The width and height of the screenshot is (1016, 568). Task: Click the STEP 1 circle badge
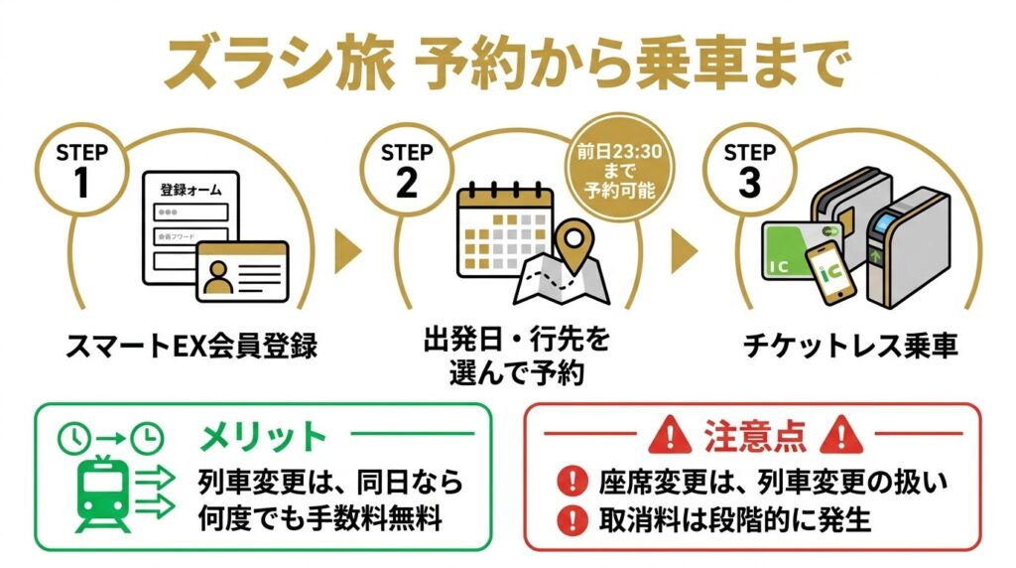[90, 170]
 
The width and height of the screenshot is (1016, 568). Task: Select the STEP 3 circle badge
[748, 170]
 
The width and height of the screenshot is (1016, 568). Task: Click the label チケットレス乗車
[850, 347]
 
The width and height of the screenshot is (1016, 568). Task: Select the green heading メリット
[262, 437]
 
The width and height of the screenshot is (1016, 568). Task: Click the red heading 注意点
[755, 436]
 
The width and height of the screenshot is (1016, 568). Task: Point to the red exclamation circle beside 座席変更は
[571, 483]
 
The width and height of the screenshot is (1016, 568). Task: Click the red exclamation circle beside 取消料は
[571, 517]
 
